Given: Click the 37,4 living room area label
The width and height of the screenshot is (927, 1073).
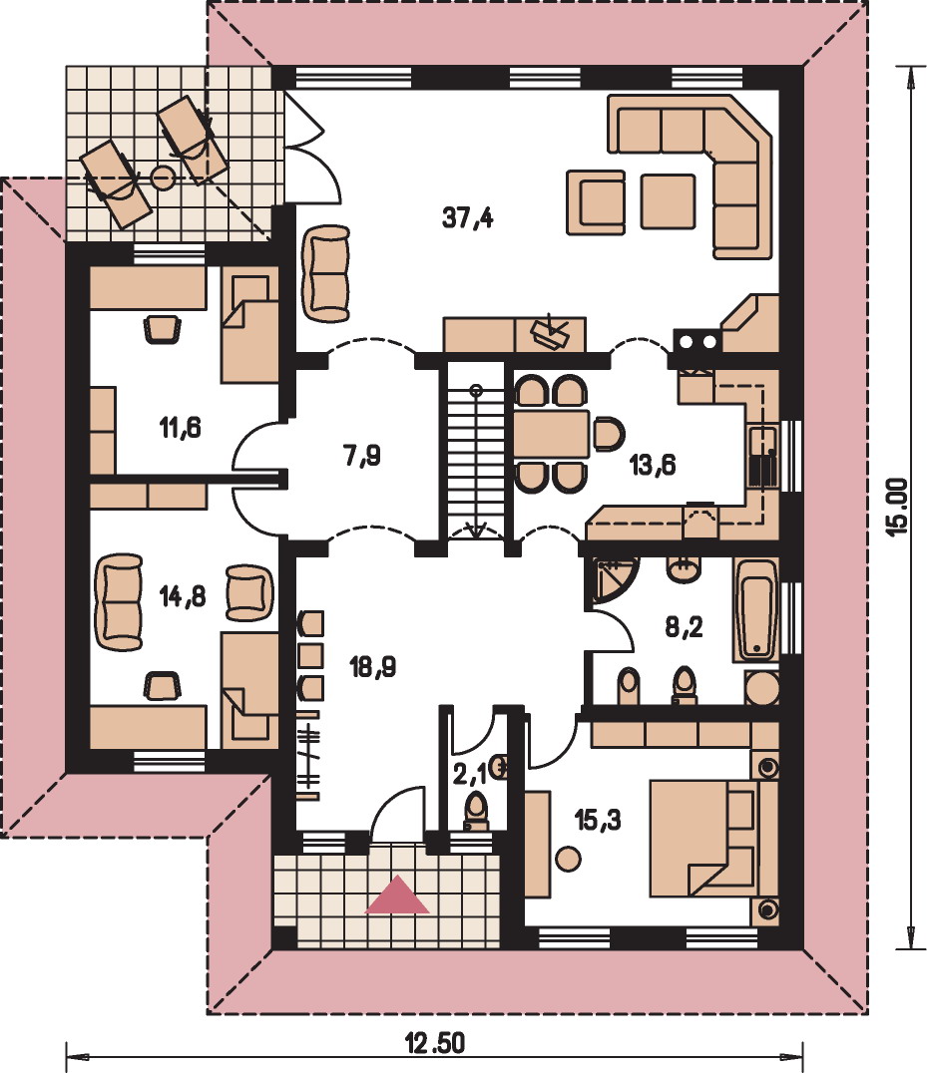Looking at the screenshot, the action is click(468, 217).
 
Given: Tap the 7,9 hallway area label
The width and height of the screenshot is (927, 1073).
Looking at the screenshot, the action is click(363, 455).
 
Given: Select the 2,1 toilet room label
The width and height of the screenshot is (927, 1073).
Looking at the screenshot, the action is click(470, 774).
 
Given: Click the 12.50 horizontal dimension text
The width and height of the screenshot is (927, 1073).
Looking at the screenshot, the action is click(435, 1044).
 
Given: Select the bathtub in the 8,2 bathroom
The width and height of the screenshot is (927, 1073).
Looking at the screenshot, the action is click(755, 610).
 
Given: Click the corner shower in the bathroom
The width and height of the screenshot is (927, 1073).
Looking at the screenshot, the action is click(612, 580).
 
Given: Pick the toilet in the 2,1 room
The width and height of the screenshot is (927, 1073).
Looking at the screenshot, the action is click(477, 813).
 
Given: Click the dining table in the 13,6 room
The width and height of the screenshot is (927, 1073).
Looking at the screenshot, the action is click(552, 434).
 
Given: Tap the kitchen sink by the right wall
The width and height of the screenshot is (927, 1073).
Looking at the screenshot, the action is click(762, 456).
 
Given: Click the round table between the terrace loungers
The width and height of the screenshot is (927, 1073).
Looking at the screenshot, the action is click(163, 178).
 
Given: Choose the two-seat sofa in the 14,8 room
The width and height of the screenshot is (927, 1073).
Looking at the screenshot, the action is click(119, 601).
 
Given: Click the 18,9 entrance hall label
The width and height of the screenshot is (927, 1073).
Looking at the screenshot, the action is click(373, 666).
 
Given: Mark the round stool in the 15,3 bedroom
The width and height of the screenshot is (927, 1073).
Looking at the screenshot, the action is click(568, 859).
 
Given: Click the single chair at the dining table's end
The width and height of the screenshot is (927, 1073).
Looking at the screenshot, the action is click(609, 434).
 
